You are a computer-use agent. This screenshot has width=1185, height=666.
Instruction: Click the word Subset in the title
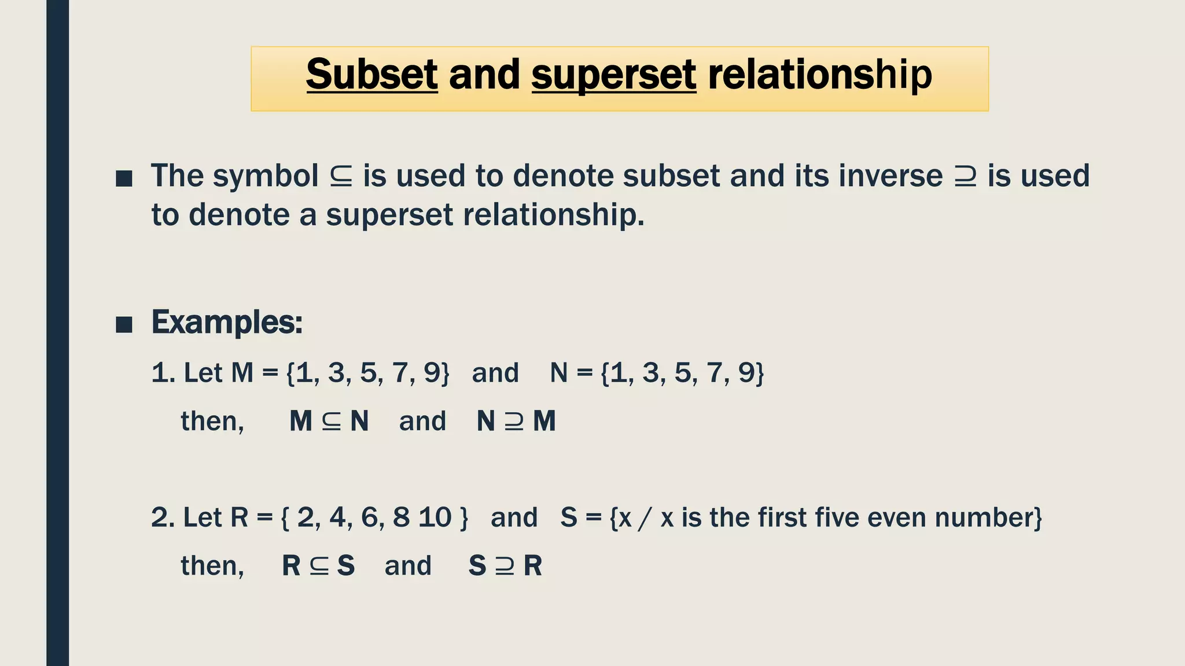click(371, 75)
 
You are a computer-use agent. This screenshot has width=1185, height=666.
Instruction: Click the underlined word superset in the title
click(613, 76)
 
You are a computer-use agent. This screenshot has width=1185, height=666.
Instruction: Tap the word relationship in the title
click(819, 76)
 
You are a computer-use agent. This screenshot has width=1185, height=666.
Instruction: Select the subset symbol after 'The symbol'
click(341, 176)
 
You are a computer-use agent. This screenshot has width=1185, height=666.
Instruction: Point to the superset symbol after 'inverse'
click(965, 176)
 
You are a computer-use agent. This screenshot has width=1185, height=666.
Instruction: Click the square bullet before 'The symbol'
click(124, 179)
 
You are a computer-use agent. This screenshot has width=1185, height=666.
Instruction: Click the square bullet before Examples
click(124, 324)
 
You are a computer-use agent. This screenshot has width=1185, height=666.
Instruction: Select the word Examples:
click(227, 322)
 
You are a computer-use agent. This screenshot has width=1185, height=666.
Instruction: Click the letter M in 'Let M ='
click(242, 373)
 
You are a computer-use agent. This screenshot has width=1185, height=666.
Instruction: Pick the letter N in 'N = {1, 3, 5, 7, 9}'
click(558, 373)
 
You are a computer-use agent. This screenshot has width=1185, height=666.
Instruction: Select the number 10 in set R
click(435, 517)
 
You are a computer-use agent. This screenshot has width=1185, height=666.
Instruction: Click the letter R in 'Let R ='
click(239, 517)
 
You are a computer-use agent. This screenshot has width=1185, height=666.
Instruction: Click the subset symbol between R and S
click(319, 567)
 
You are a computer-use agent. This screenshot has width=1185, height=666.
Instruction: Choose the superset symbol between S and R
click(505, 567)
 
